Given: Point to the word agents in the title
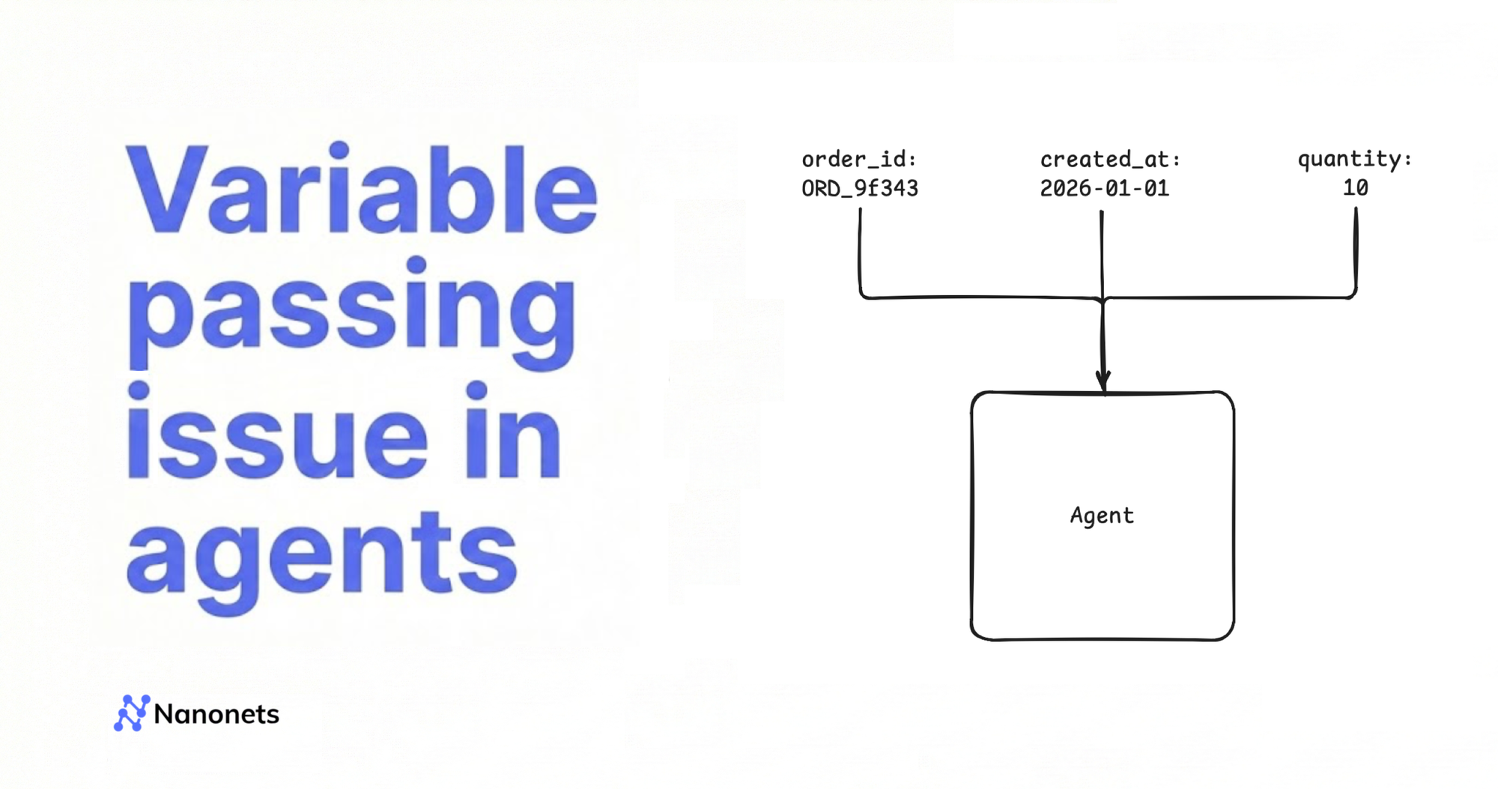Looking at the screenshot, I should pos(322,558).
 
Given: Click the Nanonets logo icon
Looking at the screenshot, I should pos(132,713).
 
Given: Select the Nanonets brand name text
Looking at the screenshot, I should pos(216,714).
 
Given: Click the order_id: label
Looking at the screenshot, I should pos(859,160).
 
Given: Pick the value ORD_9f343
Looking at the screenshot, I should pos(860,188).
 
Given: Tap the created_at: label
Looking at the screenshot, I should pos(1110,160).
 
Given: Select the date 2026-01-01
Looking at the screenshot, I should pos(1105,188).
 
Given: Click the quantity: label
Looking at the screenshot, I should pos(1355,159).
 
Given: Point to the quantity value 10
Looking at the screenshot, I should pos(1356,187).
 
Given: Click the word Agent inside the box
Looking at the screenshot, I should pos(1102,516).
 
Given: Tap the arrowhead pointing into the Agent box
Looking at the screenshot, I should pos(1103,381).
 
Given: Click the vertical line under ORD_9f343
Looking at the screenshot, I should pos(860,251).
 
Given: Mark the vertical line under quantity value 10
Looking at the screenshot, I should pos(1356,251).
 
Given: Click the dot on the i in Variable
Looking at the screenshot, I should pos(339,150).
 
